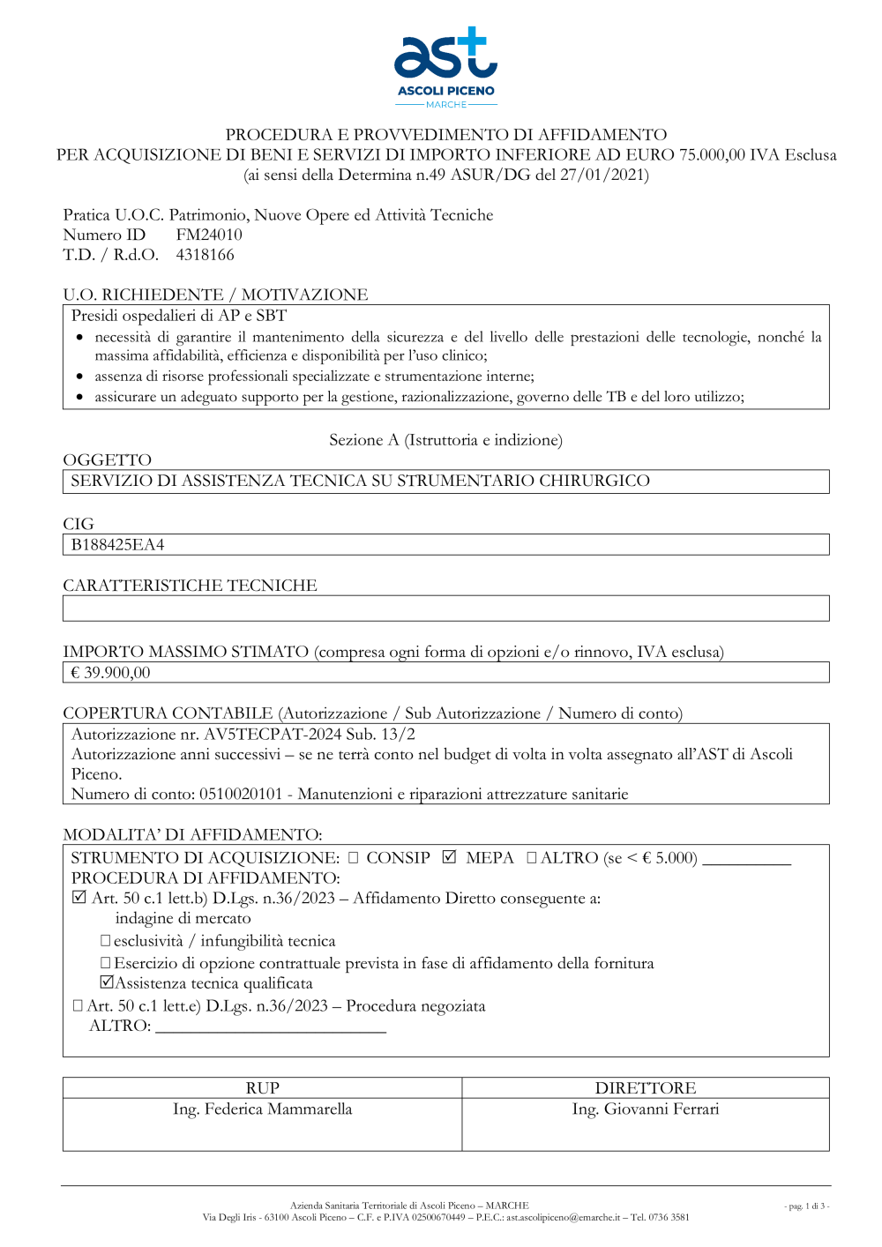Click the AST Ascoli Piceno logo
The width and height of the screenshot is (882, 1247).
click(x=445, y=67)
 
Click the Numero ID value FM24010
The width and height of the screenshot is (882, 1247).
click(x=209, y=235)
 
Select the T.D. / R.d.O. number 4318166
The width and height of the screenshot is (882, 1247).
click(x=206, y=255)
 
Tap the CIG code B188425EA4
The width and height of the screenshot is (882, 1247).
click(x=117, y=545)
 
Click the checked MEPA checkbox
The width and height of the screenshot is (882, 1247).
click(x=450, y=857)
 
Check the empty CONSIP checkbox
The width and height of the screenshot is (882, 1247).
click(x=354, y=858)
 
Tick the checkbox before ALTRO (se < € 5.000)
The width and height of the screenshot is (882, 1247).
click(x=532, y=858)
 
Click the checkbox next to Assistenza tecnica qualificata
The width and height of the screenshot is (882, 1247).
click(x=107, y=982)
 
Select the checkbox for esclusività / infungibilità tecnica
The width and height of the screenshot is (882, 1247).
click(x=106, y=941)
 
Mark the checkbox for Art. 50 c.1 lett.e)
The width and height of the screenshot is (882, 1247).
click(x=78, y=1005)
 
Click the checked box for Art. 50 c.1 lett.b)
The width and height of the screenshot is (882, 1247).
click(x=79, y=898)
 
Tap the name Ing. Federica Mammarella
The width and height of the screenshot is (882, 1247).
click(x=262, y=1109)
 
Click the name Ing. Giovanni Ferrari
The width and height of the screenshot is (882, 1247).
click(x=646, y=1109)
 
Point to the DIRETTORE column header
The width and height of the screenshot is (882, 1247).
click(x=646, y=1088)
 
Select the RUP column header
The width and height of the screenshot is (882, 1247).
click(x=262, y=1088)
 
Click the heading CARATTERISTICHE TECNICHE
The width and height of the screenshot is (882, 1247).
click(x=190, y=586)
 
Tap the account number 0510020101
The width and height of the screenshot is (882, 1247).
click(x=241, y=795)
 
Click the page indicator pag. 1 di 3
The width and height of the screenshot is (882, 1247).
click(x=806, y=1206)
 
